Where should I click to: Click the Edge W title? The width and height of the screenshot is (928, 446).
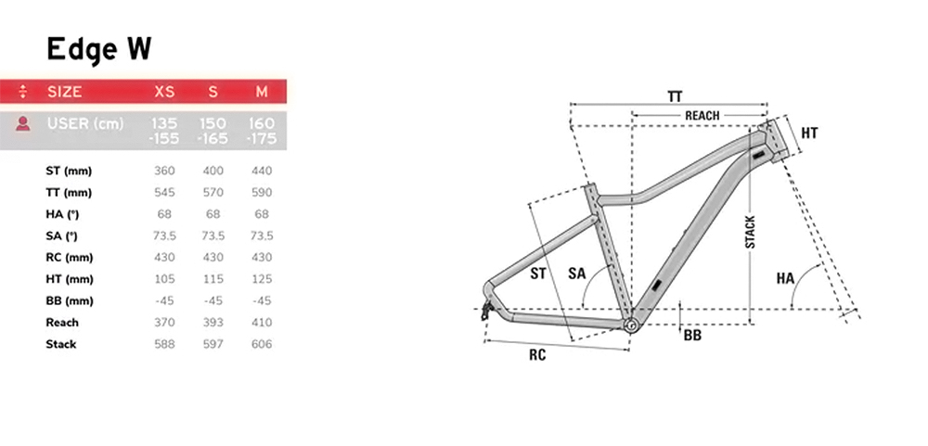coord(99,50)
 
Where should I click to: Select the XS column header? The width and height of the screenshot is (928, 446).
coord(164,92)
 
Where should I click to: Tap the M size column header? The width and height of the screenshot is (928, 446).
coord(262,92)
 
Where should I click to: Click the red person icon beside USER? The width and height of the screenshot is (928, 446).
coord(23,123)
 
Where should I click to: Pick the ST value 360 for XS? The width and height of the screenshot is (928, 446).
coord(164,171)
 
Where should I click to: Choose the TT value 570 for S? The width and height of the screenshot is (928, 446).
coord(213,192)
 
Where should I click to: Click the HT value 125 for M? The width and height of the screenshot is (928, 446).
coord(262,278)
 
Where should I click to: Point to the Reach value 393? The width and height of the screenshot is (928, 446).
coord(213,323)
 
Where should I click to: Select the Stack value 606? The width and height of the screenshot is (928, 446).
coord(262,344)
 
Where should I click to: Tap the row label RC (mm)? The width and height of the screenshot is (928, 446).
coord(70,258)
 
